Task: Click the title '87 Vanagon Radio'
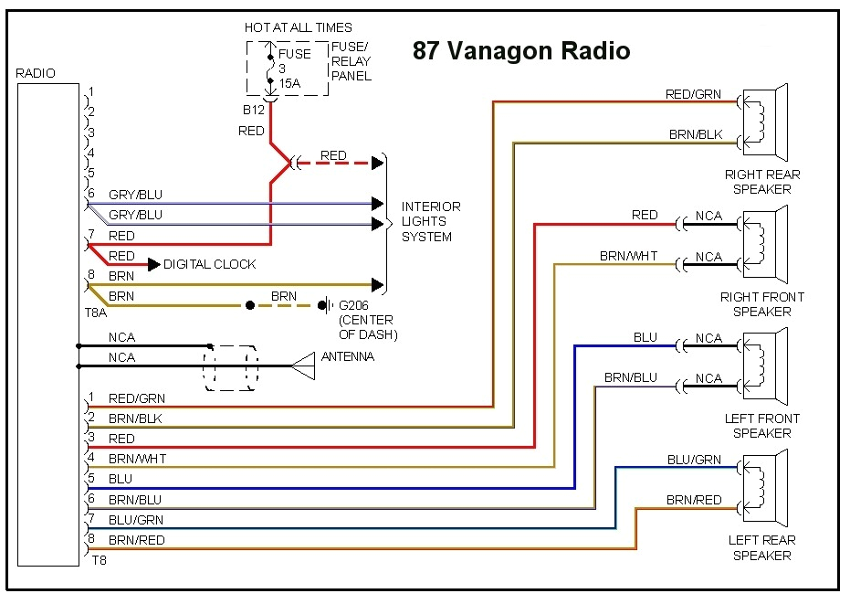[x=520, y=50]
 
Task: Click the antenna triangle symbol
[x=303, y=366]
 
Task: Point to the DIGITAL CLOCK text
[x=210, y=264]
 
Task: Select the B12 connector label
[x=253, y=110]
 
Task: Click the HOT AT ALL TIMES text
[x=298, y=27]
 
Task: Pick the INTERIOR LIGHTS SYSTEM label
[x=430, y=221]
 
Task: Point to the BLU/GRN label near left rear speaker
[x=693, y=460]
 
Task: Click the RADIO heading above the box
[x=36, y=73]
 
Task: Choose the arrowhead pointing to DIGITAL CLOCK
[x=153, y=264]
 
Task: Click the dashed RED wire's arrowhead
[x=376, y=164]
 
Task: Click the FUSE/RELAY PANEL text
[x=351, y=60]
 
